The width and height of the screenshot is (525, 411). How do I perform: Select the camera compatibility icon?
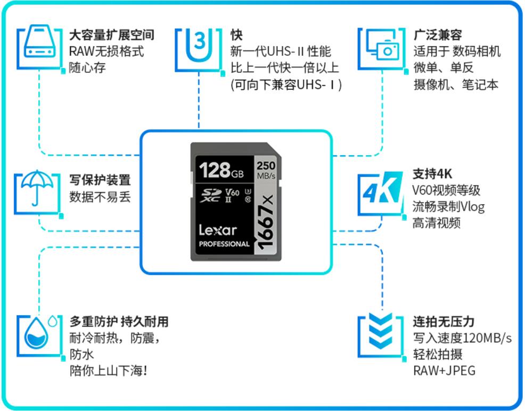(x=382, y=48)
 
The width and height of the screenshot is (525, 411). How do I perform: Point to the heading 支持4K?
(x=431, y=174)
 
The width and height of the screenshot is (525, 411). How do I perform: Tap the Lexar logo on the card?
(x=218, y=229)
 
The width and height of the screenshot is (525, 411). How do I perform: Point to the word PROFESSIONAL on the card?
(x=224, y=244)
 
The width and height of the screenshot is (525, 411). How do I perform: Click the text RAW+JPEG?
(x=444, y=370)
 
